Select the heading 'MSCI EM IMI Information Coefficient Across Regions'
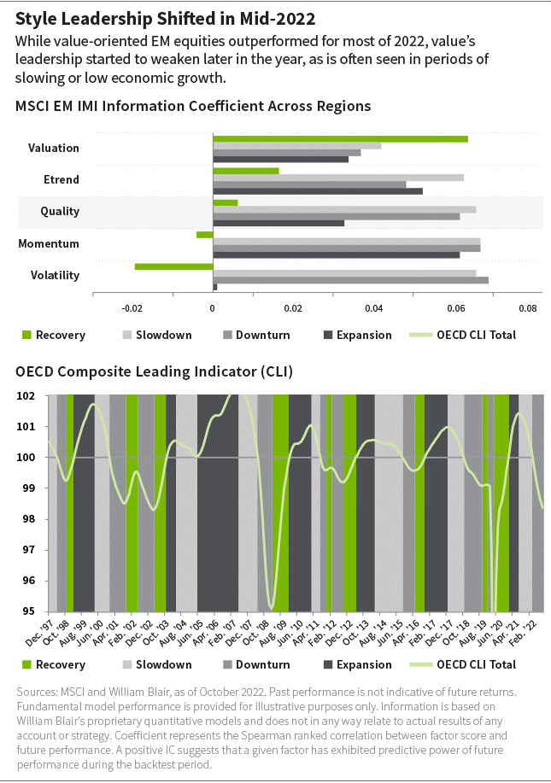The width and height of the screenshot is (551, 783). [193, 107]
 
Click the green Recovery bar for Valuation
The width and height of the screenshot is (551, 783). [340, 139]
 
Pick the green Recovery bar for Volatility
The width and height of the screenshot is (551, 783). [173, 266]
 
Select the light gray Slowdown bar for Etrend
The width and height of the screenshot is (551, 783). [337, 178]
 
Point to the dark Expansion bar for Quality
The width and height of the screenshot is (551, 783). [278, 224]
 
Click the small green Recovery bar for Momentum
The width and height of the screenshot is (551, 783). [204, 235]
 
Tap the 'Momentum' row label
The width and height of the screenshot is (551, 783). [49, 243]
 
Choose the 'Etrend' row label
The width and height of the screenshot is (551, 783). [62, 179]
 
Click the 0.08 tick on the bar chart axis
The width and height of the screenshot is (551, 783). [528, 308]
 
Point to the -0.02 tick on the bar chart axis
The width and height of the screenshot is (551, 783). [132, 308]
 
